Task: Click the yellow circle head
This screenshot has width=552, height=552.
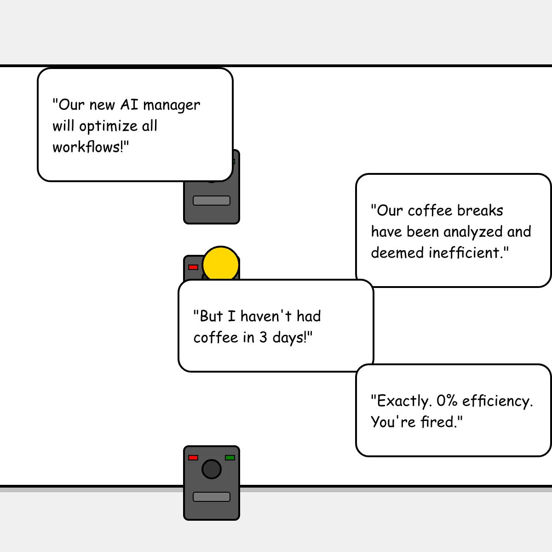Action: (x=221, y=264)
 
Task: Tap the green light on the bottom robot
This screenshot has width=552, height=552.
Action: (x=230, y=458)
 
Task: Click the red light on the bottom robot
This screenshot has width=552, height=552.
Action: (x=193, y=458)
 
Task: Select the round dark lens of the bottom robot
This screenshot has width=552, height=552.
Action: (x=212, y=469)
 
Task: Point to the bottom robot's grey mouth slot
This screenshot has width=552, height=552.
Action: (x=212, y=497)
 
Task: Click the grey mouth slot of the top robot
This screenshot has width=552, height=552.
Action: (x=212, y=201)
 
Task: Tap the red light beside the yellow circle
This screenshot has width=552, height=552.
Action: (x=193, y=267)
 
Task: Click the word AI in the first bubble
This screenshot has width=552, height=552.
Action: (x=129, y=104)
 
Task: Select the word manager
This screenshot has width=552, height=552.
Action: (x=172, y=106)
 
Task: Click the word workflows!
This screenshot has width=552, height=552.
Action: (x=91, y=147)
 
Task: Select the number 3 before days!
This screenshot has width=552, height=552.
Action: (x=263, y=338)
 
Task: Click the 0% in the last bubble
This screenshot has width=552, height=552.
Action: (x=447, y=401)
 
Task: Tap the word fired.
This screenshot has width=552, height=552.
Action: (x=441, y=422)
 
